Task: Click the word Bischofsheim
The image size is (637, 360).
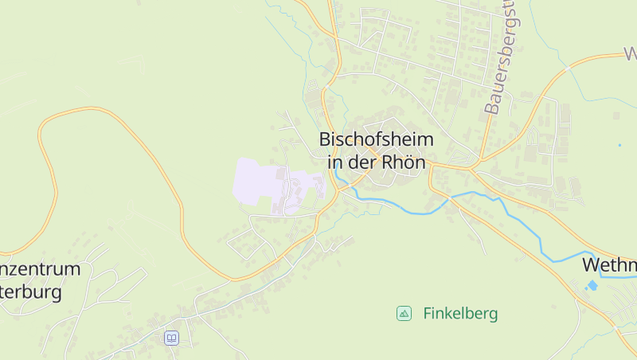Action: point(377,139)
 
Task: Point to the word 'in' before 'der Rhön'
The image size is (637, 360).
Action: point(334,161)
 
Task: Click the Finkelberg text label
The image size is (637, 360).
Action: point(460,313)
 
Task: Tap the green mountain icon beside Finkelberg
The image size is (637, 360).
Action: point(404,313)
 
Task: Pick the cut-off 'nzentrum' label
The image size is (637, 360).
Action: point(40,268)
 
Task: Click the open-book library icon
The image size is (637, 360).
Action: point(171,338)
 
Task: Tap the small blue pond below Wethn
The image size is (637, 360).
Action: point(592,285)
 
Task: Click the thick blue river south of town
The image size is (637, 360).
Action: point(414,210)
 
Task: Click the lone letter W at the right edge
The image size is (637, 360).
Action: point(631,54)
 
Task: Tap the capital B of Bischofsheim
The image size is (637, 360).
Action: point(325,139)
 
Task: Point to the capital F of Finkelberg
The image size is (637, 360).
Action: point(428,313)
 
